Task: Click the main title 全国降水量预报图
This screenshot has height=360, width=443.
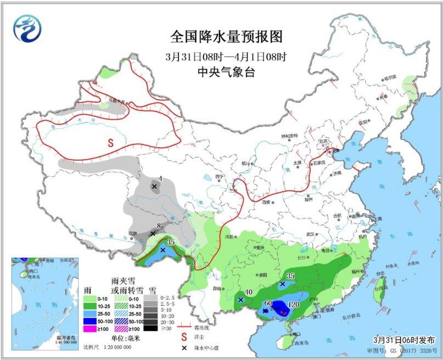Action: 226,37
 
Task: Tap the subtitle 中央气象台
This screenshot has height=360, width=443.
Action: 226,71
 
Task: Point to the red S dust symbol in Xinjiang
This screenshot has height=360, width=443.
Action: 110,142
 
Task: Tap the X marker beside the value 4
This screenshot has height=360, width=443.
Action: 154,187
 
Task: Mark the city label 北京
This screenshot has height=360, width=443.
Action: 325,142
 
